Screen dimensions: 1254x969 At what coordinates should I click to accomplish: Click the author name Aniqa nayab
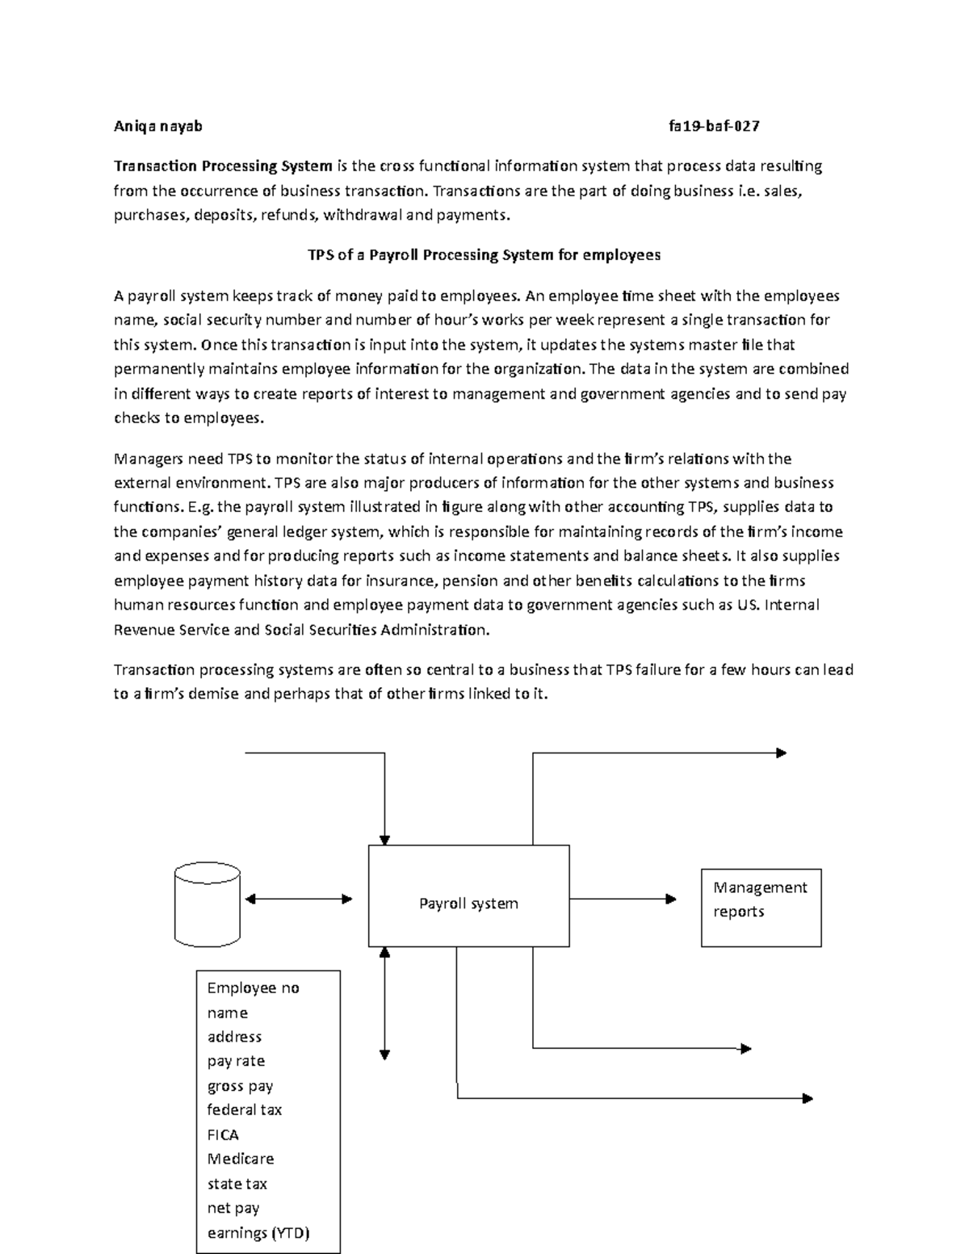(157, 126)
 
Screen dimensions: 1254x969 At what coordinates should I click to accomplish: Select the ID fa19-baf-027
(714, 126)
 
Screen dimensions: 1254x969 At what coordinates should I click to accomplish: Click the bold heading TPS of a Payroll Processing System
(484, 255)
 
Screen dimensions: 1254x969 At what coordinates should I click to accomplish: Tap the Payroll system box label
(468, 904)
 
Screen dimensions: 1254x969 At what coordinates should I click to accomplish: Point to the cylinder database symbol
(208, 904)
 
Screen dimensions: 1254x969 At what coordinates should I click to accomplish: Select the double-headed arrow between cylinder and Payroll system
(299, 899)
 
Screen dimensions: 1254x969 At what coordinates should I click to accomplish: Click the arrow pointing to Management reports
(623, 899)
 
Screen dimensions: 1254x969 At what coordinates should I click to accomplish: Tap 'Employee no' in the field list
(253, 988)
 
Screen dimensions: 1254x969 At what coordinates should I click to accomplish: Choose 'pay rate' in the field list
(236, 1061)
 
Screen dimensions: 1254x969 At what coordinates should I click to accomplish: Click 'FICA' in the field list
(223, 1134)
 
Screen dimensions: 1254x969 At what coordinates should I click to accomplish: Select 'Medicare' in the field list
(241, 1159)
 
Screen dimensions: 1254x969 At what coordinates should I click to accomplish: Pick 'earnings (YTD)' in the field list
(258, 1233)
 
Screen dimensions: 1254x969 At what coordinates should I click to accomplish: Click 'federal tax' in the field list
(245, 1110)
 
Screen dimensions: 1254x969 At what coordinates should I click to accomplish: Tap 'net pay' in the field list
(233, 1208)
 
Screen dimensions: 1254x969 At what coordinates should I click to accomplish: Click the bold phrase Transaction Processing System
(223, 166)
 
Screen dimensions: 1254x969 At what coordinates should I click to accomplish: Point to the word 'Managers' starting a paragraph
(148, 459)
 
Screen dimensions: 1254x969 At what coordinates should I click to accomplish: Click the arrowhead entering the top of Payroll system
(385, 839)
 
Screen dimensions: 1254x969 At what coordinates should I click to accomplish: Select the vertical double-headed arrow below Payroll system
(385, 1003)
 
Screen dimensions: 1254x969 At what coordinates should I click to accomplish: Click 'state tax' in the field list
(237, 1184)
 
